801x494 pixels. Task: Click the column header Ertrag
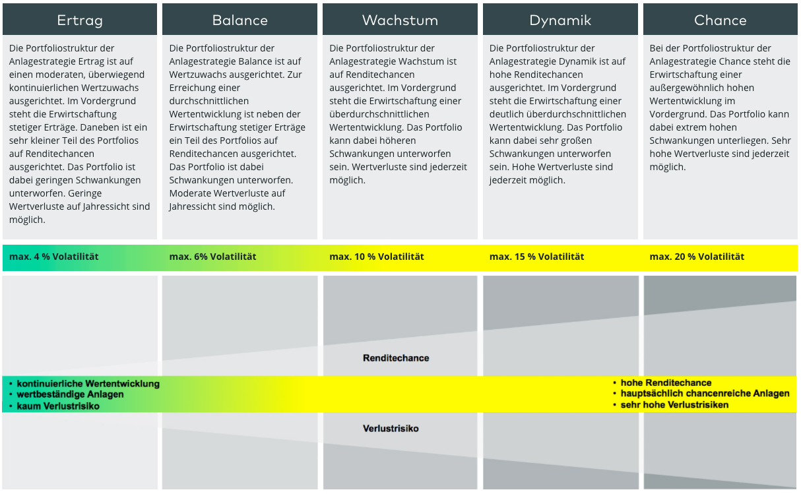coord(80,20)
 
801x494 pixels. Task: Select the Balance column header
coord(240,20)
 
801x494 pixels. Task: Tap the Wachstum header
coord(400,20)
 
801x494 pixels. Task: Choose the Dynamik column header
coord(560,20)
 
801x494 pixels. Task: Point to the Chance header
coord(721,20)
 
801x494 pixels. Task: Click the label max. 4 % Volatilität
coord(53,257)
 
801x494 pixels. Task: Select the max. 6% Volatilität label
coord(212,257)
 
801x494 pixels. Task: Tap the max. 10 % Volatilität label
coord(377,257)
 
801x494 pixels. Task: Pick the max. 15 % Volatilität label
coord(536,257)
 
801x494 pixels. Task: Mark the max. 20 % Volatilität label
coord(697,257)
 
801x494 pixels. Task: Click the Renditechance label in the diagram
coord(396,358)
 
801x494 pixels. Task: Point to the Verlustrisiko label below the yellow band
coord(391,428)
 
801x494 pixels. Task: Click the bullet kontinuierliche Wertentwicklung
coord(88,384)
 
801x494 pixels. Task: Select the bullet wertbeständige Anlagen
coord(70,394)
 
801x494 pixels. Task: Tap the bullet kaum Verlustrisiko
coord(58,406)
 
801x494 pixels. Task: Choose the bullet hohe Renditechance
coord(666,383)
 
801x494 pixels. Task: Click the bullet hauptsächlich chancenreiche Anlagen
coord(705,394)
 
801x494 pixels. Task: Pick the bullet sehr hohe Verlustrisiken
coord(674,405)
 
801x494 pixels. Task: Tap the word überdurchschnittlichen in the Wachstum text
coord(379,114)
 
